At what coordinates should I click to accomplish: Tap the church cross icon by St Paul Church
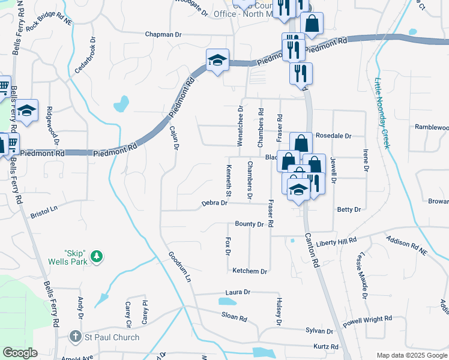pyautogui.click(x=75, y=337)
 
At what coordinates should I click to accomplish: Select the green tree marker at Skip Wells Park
pyautogui.click(x=96, y=257)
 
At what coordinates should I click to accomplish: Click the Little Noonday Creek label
pyautogui.click(x=382, y=114)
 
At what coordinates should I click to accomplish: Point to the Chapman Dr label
pyautogui.click(x=163, y=35)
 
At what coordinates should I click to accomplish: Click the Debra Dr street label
pyautogui.click(x=214, y=203)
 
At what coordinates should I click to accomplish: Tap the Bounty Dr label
pyautogui.click(x=249, y=224)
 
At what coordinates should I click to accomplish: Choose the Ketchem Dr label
pyautogui.click(x=250, y=271)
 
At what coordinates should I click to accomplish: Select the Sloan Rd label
pyautogui.click(x=234, y=317)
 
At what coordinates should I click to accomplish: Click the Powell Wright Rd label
pyautogui.click(x=367, y=321)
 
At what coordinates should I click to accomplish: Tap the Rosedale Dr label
pyautogui.click(x=333, y=136)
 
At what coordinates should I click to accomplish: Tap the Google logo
pyautogui.click(x=20, y=353)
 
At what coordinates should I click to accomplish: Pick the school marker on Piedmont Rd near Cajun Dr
pyautogui.click(x=217, y=60)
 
